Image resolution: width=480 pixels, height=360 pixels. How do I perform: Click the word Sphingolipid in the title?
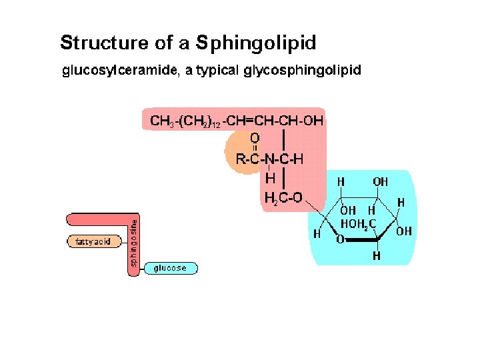[256, 43]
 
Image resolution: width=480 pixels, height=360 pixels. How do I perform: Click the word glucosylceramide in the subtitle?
[120, 70]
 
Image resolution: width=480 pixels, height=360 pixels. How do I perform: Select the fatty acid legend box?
[90, 241]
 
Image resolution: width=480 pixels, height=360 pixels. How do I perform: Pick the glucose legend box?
[170, 268]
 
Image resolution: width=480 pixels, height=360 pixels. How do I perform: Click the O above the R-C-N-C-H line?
[254, 137]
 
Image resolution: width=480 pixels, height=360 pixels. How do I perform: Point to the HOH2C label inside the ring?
[361, 223]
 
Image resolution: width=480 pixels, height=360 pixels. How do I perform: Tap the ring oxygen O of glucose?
[340, 239]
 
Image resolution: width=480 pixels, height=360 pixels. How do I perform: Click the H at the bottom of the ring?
[377, 255]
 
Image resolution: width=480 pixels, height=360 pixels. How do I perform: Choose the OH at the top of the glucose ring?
[380, 181]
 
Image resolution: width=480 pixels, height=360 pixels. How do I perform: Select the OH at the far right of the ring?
[404, 231]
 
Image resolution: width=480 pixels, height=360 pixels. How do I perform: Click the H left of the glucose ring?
[317, 234]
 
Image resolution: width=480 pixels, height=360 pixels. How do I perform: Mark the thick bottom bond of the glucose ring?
[363, 239]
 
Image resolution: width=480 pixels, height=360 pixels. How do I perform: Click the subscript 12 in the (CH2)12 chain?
[216, 124]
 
